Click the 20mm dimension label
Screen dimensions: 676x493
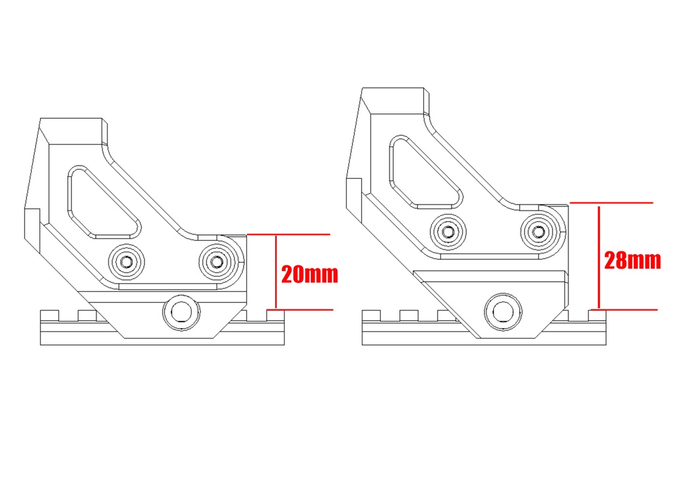[x=310, y=275]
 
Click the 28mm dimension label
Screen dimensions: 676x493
[x=632, y=260]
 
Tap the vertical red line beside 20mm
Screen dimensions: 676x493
[x=276, y=271]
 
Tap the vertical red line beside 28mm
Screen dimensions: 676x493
[x=599, y=257]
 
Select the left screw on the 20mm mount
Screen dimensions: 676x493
[x=126, y=261]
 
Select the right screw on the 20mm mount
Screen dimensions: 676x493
[x=217, y=261]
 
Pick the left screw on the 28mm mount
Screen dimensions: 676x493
[x=448, y=232]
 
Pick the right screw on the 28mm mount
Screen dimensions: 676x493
[x=539, y=232]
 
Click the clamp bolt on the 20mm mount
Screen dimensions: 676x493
[x=182, y=312]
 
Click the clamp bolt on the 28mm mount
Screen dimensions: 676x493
[x=502, y=312]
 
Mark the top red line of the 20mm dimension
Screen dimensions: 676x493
[x=288, y=234]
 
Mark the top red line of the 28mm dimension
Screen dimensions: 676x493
[x=611, y=203]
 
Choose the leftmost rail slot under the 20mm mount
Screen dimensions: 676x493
[x=68, y=315]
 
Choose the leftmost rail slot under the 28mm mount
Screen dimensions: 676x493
[x=390, y=315]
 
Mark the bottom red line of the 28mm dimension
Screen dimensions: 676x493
[x=624, y=310]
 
